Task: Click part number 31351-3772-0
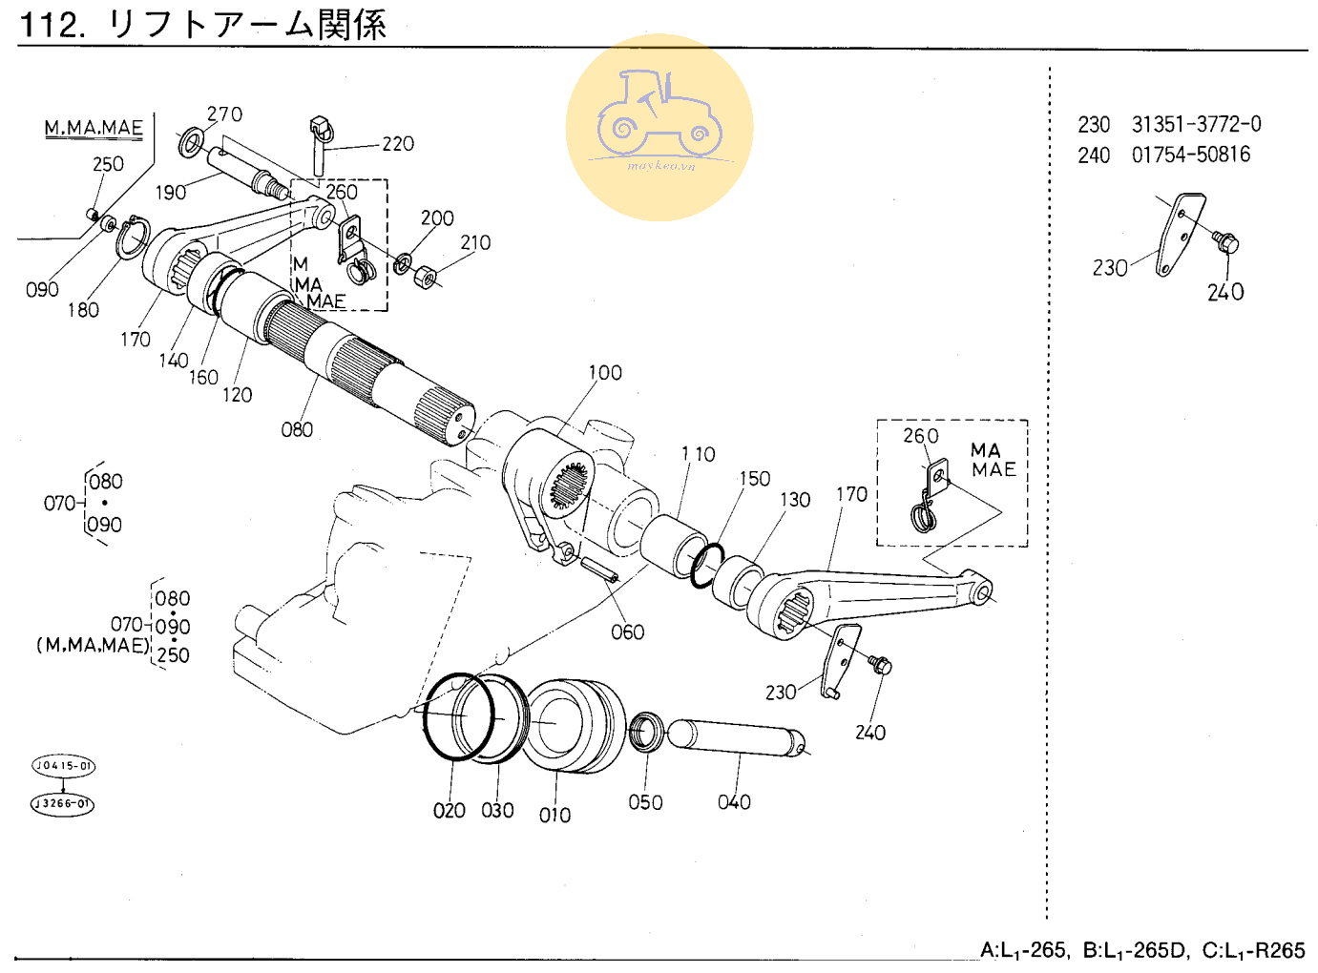pyautogui.click(x=1196, y=124)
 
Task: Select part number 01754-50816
pyautogui.click(x=1190, y=155)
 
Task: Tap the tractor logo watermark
pyautogui.click(x=659, y=127)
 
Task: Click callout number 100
pyautogui.click(x=604, y=373)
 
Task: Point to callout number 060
pyautogui.click(x=627, y=632)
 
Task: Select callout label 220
pyautogui.click(x=398, y=144)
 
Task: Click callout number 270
pyautogui.click(x=224, y=114)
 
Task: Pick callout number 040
pyautogui.click(x=734, y=802)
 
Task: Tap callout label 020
pyautogui.click(x=449, y=811)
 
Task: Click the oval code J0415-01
pyautogui.click(x=63, y=766)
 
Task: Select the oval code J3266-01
pyautogui.click(x=62, y=803)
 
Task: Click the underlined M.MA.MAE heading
pyautogui.click(x=94, y=128)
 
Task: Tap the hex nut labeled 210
pyautogui.click(x=426, y=278)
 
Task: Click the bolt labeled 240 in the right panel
pyautogui.click(x=1225, y=241)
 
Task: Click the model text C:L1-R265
pyautogui.click(x=1253, y=950)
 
